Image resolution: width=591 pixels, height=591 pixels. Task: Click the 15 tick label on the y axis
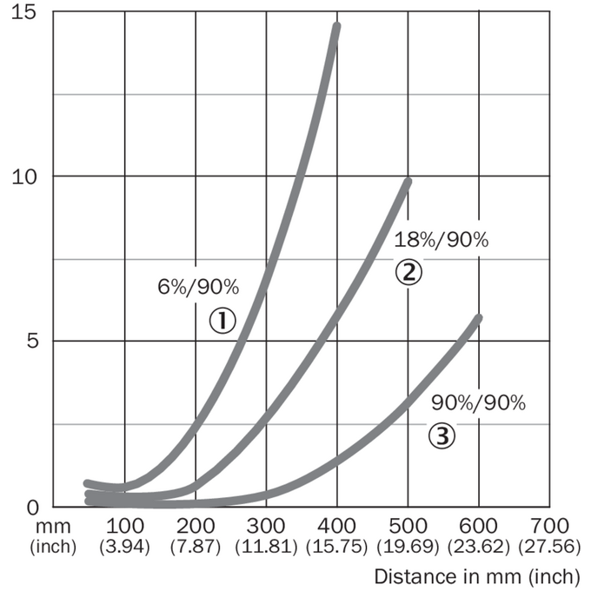click(23, 12)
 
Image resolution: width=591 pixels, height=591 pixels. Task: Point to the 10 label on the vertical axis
click(24, 176)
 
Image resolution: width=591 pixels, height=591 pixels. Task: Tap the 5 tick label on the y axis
click(32, 341)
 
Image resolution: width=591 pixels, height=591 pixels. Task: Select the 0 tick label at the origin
click(33, 508)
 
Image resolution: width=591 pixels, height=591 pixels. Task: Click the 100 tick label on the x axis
click(125, 526)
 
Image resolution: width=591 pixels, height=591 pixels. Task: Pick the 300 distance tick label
click(266, 526)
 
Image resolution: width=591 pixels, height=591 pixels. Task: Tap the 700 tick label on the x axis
click(549, 526)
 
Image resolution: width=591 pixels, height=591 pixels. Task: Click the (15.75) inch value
click(336, 547)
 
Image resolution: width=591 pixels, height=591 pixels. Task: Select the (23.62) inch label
click(479, 547)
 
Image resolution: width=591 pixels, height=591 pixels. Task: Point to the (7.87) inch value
click(196, 547)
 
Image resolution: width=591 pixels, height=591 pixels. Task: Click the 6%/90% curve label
click(198, 287)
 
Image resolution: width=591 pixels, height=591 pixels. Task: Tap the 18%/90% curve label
click(442, 240)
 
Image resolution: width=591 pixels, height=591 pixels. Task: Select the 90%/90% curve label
click(478, 403)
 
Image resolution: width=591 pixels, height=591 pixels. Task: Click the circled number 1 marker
click(222, 321)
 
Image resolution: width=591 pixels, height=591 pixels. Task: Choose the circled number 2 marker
click(408, 272)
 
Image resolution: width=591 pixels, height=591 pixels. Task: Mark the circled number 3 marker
click(442, 435)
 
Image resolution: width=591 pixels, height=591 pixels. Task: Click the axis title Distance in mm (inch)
click(477, 576)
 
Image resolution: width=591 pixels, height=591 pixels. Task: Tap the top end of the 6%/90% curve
click(336, 26)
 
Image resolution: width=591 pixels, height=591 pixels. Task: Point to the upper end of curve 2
click(408, 182)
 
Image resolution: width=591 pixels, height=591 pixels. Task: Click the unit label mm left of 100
click(53, 527)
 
